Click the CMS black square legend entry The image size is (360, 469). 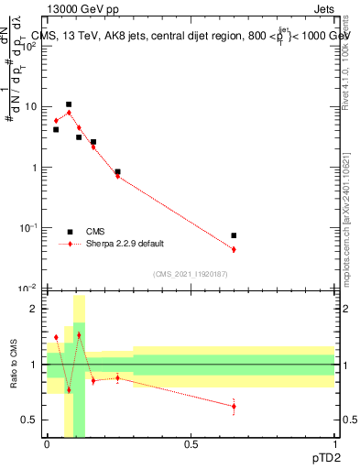pyautogui.click(x=70, y=232)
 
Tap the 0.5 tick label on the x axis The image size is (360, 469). pyautogui.click(x=191, y=444)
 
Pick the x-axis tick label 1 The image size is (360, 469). pyautogui.click(x=334, y=444)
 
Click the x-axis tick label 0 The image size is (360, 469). pyautogui.click(x=48, y=444)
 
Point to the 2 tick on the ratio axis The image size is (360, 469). pyautogui.click(x=35, y=309)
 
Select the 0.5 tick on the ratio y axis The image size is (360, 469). pyautogui.click(x=31, y=420)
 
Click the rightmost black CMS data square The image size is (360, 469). pyautogui.click(x=234, y=235)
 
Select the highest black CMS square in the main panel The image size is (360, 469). pyautogui.click(x=69, y=104)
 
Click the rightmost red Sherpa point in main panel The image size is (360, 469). pyautogui.click(x=234, y=249)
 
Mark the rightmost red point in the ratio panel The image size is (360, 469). pyautogui.click(x=234, y=406)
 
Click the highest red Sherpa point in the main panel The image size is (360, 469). pyautogui.click(x=69, y=113)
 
